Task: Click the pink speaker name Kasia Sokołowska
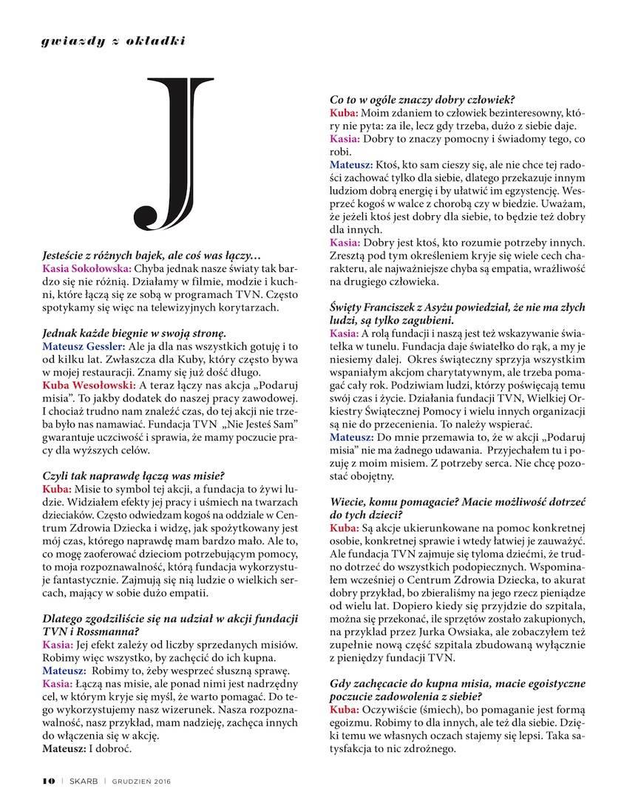(89, 271)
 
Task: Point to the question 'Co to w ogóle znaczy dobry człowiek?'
(422, 99)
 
